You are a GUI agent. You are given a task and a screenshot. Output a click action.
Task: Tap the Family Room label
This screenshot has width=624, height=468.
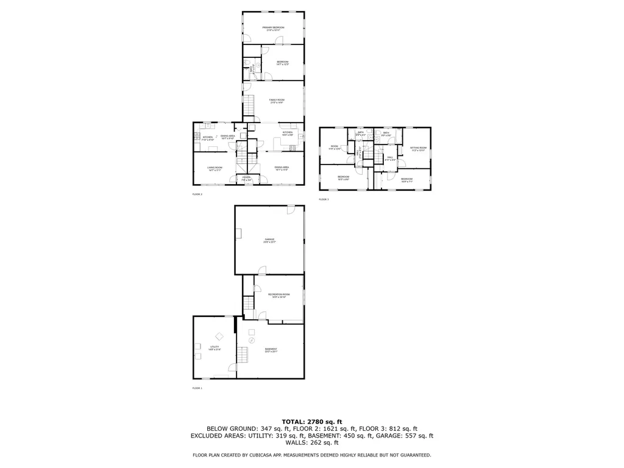click(x=277, y=101)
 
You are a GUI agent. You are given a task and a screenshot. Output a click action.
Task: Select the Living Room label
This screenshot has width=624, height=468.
click(x=214, y=168)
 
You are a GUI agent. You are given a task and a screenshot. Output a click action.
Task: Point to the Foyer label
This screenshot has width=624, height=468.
click(x=246, y=179)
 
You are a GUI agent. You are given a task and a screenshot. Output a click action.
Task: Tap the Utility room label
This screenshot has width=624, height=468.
click(x=214, y=348)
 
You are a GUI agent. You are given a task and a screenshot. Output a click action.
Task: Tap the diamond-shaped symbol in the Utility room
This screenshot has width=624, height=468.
click(x=219, y=336)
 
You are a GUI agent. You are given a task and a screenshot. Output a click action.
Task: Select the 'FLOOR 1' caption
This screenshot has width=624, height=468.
click(x=197, y=388)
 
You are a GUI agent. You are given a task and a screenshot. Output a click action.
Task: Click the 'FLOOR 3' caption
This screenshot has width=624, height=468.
click(x=324, y=199)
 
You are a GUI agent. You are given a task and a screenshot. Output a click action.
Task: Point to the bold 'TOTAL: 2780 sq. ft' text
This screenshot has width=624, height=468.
click(x=311, y=422)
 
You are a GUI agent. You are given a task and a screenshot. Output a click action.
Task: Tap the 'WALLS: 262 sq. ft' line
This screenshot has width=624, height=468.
click(x=311, y=443)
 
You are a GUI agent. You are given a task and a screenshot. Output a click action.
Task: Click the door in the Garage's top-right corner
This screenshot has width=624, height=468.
click(x=292, y=209)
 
